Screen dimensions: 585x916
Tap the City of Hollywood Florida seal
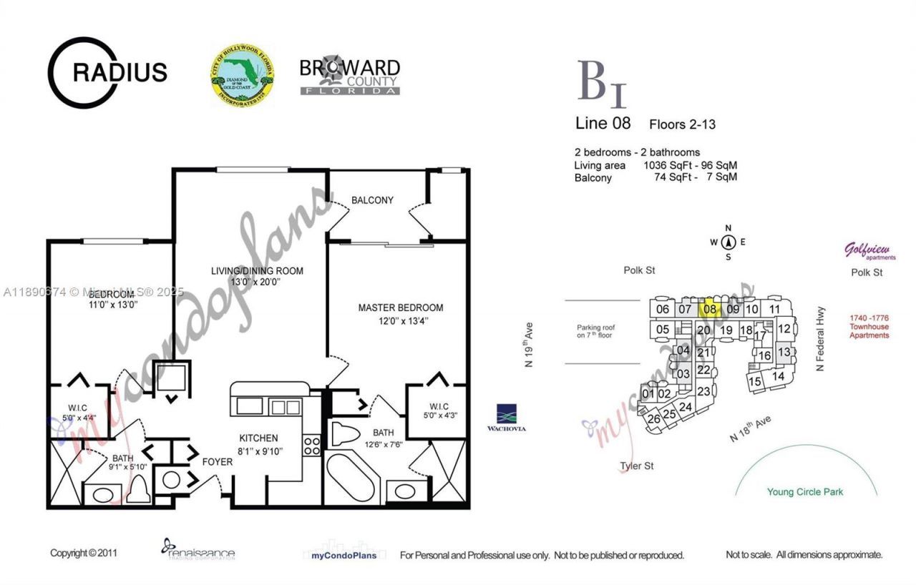tap(242, 73)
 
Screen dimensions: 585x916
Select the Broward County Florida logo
tap(349, 76)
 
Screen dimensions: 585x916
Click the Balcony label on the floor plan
tap(372, 200)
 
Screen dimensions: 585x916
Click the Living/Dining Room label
tap(257, 271)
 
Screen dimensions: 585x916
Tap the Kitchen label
tap(258, 438)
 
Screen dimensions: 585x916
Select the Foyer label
tap(217, 462)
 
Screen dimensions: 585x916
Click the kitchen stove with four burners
tap(312, 446)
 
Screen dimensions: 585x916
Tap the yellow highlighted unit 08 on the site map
tap(710, 309)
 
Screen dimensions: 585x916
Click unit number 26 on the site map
tap(653, 419)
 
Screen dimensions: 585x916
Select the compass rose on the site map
tap(729, 242)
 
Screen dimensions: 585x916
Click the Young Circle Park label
tap(805, 492)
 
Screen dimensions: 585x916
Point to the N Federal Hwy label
tap(821, 339)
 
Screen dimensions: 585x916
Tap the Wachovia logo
tap(512, 418)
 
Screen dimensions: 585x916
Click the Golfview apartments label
tap(869, 251)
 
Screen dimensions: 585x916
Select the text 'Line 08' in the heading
tap(603, 123)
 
